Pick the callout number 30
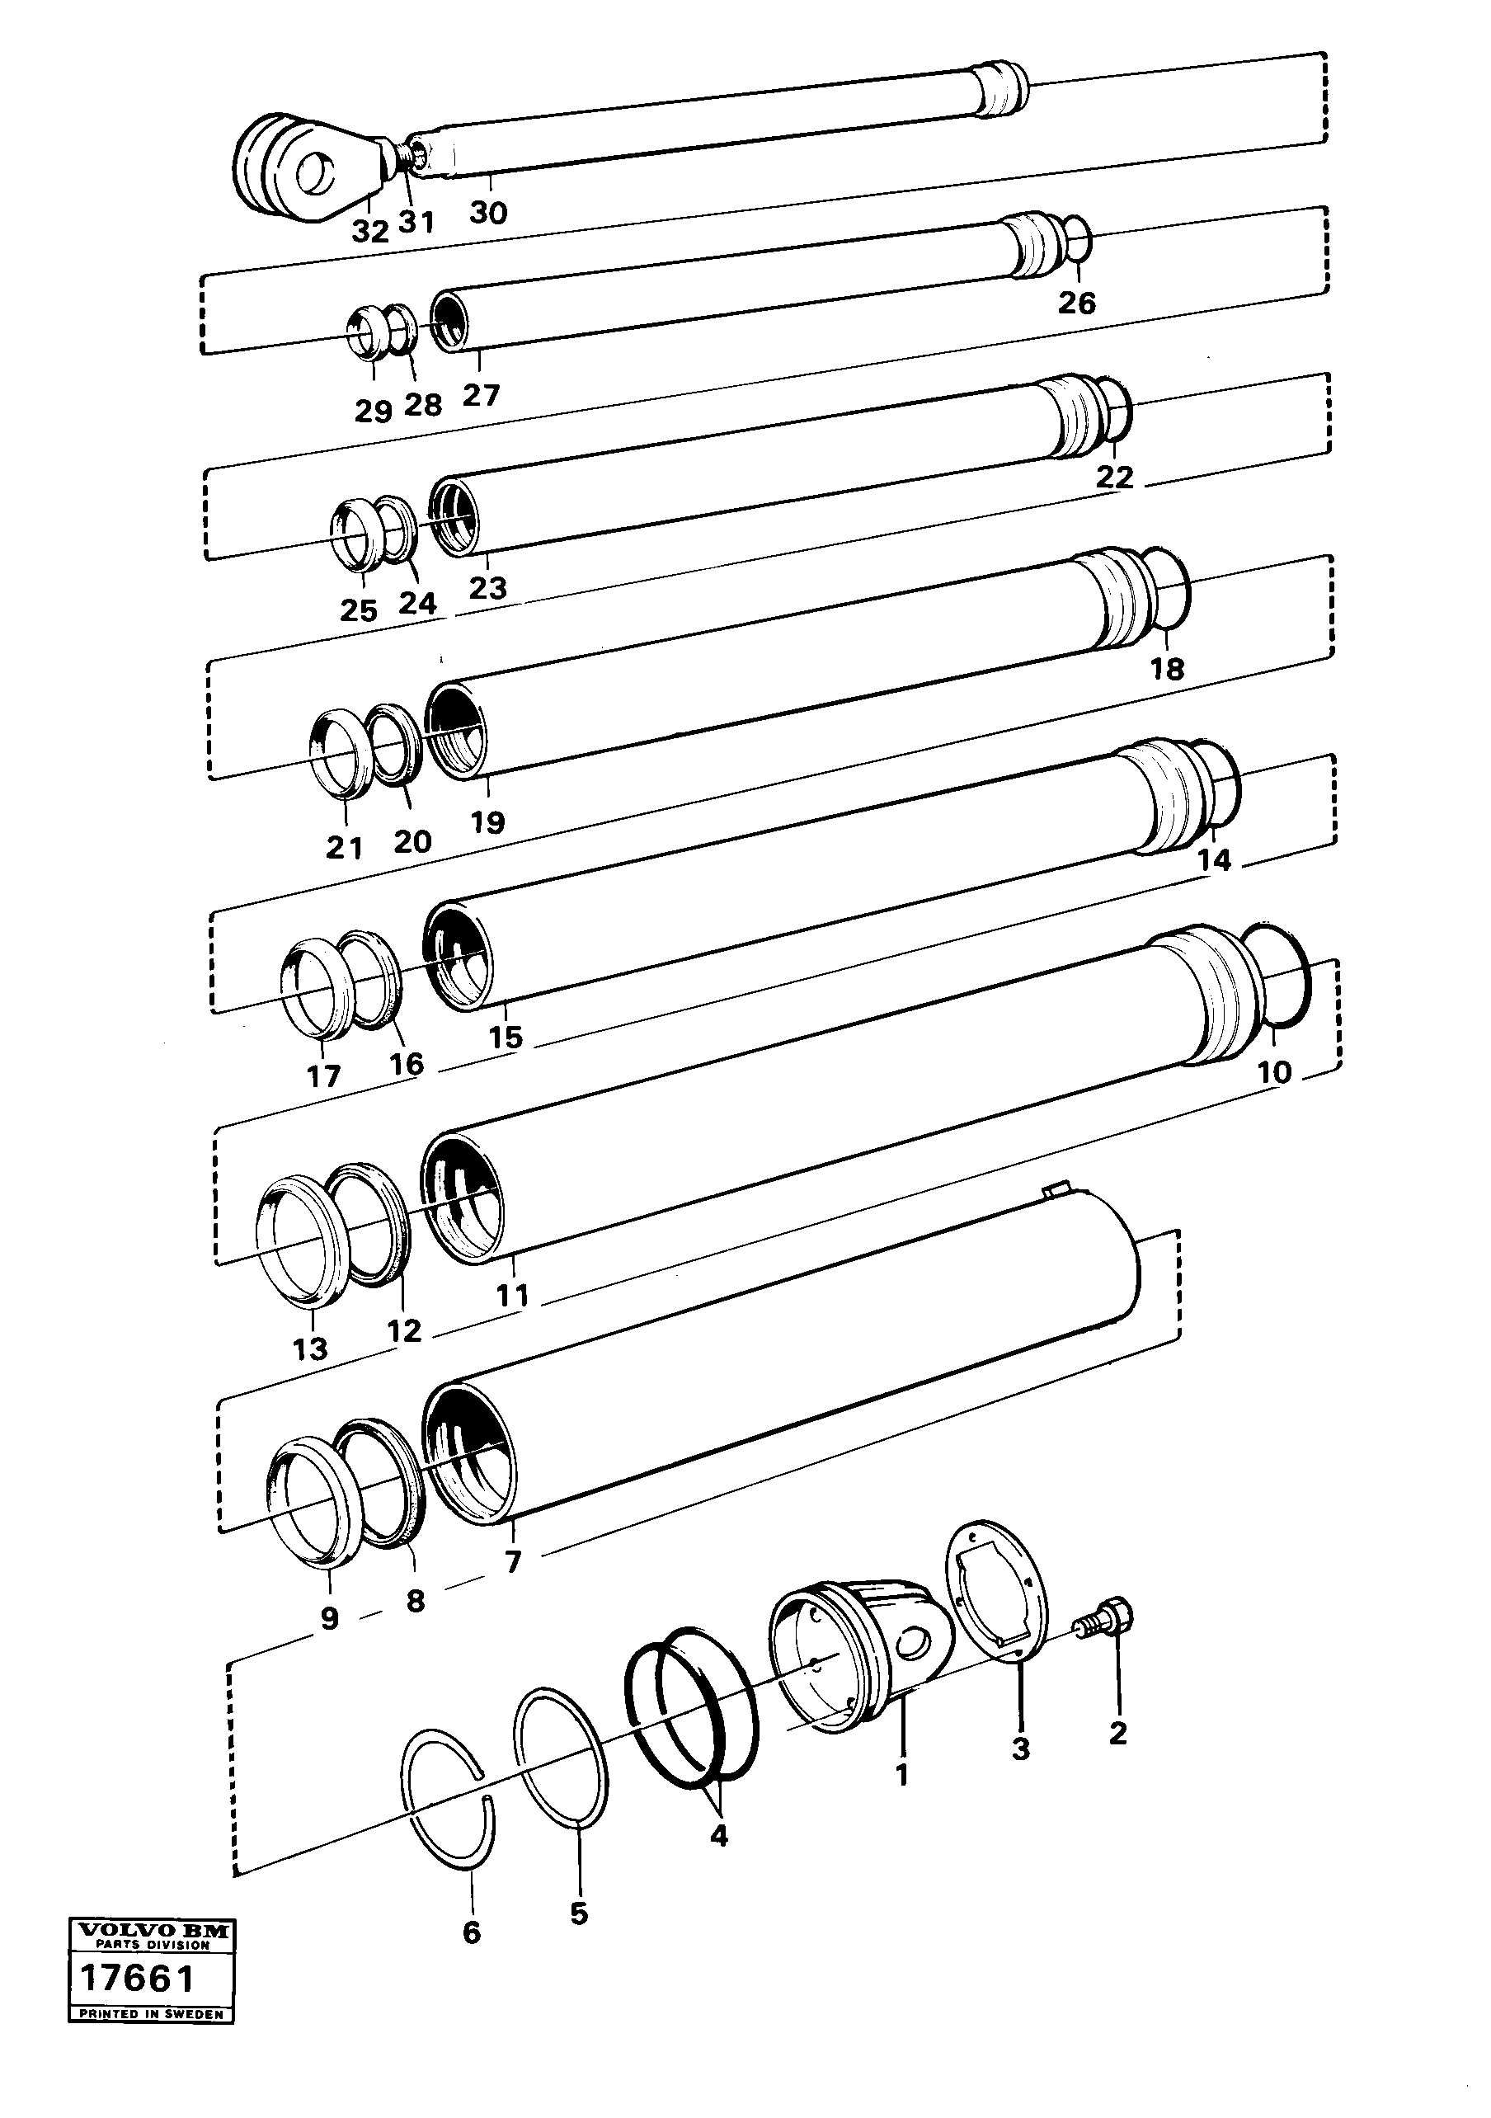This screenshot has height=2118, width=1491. tap(489, 213)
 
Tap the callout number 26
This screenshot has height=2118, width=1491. tap(1077, 303)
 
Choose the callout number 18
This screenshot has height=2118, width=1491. tap(1167, 669)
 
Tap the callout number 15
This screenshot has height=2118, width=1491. tap(506, 1037)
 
